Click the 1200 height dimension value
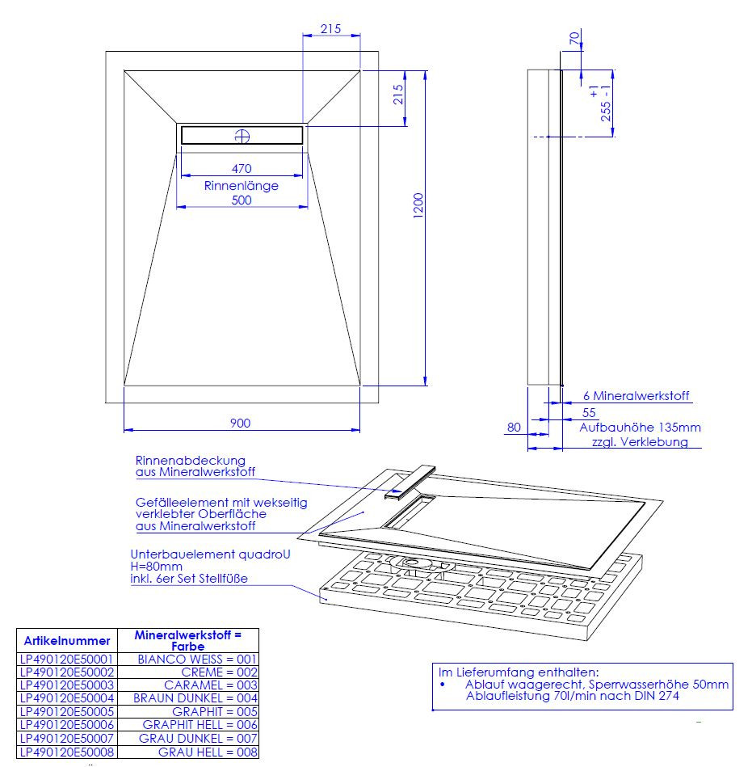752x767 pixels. coord(418,205)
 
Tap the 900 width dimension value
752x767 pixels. coord(240,424)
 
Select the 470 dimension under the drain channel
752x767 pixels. coord(242,169)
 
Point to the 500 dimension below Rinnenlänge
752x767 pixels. coord(242,200)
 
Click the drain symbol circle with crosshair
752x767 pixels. coord(242,136)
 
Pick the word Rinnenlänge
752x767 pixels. coord(241,185)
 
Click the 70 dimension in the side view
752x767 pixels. coord(574,38)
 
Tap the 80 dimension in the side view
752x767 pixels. coord(514,427)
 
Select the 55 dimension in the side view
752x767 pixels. coord(589,412)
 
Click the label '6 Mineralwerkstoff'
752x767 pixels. coord(636,396)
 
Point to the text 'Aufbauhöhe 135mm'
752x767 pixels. coord(640,427)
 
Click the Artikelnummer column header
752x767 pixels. coord(67,641)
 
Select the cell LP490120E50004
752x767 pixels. coord(67,698)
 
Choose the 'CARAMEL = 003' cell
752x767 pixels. coord(211,685)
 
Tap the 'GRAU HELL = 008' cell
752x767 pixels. coord(208,752)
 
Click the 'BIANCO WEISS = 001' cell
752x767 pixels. coord(197,659)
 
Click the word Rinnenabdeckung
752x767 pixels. coord(190,461)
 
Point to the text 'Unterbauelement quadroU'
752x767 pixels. coord(210,554)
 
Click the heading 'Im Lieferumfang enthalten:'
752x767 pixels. coord(519,672)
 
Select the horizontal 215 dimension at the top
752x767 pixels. coord(330,29)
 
